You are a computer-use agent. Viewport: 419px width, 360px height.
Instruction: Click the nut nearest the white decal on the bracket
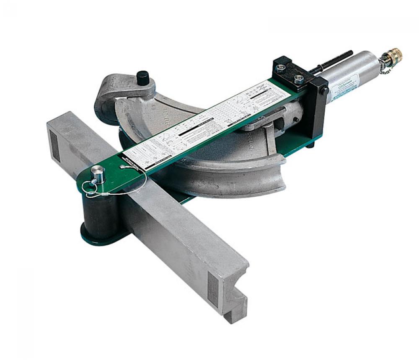[x=298, y=80]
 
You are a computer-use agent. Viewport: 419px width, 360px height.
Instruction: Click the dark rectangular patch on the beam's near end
[x=214, y=290]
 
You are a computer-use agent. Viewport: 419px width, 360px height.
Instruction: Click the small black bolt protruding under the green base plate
[x=310, y=145]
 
